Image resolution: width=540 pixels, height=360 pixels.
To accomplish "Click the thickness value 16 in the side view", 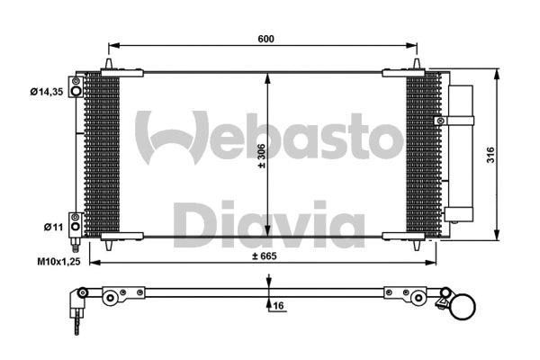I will click(279, 306).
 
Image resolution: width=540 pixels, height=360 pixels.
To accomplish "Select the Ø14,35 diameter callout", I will click(47, 90).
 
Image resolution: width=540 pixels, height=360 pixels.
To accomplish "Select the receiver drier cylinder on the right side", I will click(461, 153).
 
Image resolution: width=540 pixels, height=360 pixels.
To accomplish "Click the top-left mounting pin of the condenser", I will click(109, 65).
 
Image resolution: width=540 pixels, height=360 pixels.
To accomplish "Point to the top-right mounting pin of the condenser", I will click(417, 65).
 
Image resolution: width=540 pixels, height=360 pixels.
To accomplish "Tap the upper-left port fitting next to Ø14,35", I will click(76, 87).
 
